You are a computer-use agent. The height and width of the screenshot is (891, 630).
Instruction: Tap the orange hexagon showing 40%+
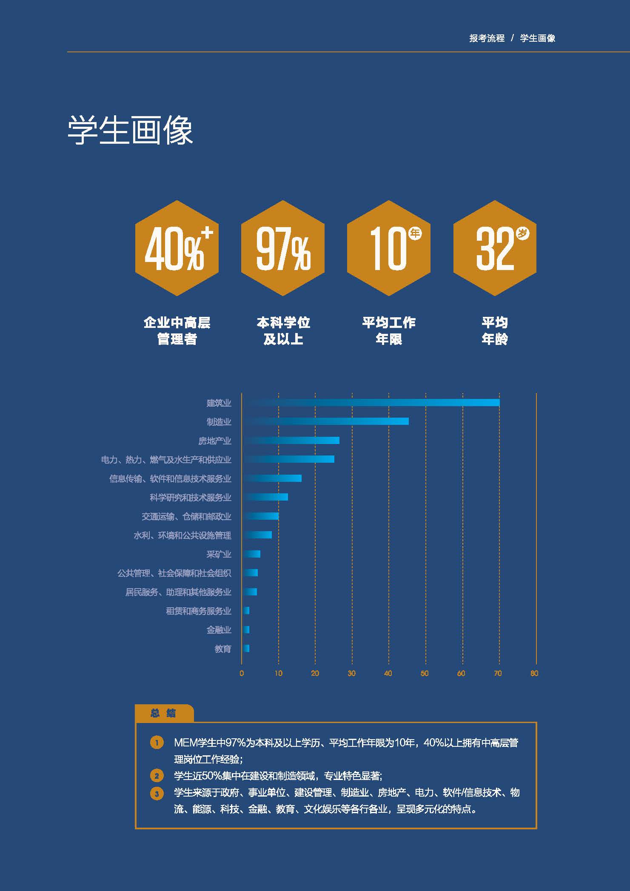tap(177, 248)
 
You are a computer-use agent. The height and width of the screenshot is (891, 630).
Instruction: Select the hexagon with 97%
tap(283, 248)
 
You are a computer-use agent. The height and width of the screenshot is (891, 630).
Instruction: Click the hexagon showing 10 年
tap(389, 248)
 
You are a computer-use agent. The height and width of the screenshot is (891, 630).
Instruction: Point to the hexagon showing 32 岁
tap(495, 248)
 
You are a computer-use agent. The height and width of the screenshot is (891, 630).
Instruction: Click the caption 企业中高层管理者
tap(177, 330)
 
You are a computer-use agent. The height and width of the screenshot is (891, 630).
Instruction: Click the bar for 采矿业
tap(251, 554)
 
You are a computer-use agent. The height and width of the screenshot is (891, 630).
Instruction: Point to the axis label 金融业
tap(219, 630)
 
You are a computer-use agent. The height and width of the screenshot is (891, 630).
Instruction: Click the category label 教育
tap(223, 649)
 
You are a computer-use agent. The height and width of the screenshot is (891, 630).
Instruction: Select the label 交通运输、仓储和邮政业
tap(186, 516)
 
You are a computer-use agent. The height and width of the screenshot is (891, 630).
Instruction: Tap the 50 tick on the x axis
tap(425, 673)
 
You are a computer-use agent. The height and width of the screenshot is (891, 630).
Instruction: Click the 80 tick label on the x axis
tap(534, 673)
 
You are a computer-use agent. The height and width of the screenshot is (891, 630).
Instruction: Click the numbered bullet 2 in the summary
tap(157, 776)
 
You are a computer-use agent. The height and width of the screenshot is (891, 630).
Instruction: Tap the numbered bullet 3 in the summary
tap(157, 794)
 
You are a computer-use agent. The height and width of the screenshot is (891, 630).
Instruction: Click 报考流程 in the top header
tap(487, 38)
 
